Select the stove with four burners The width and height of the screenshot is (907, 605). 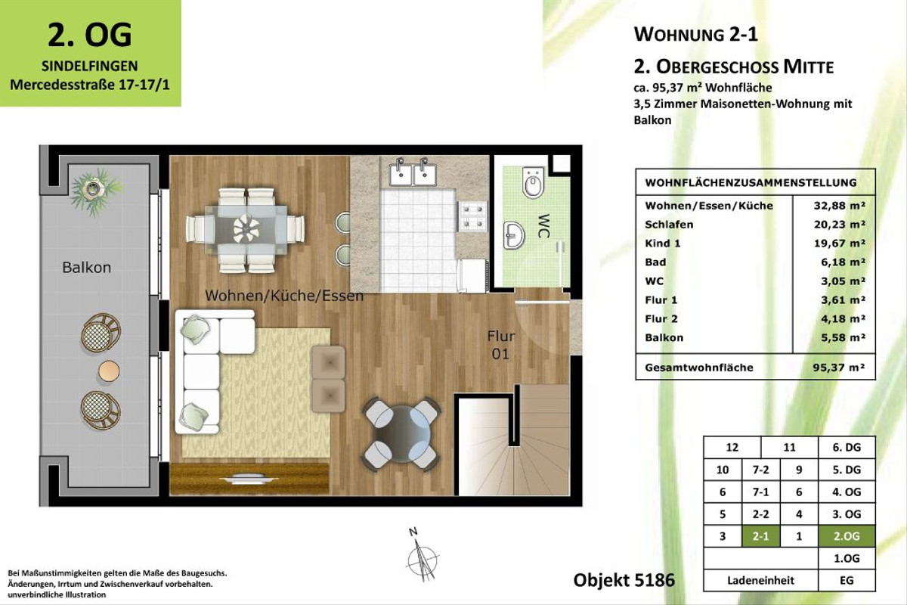tap(475, 216)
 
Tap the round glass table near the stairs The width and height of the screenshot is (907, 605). tap(401, 433)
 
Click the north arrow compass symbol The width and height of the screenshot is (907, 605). tap(418, 557)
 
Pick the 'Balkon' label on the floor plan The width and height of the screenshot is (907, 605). tap(87, 268)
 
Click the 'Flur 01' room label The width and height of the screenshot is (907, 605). tap(500, 345)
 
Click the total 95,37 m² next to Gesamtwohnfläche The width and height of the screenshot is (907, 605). tap(834, 368)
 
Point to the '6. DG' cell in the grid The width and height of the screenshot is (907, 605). tap(847, 448)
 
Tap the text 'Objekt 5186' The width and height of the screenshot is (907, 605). tap(624, 581)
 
